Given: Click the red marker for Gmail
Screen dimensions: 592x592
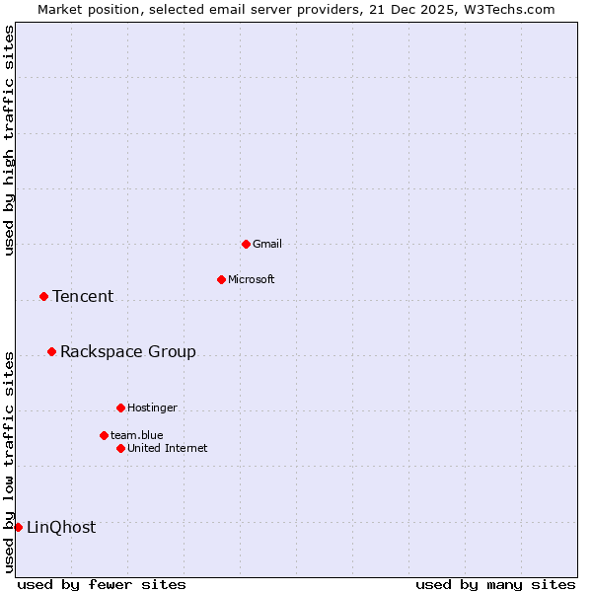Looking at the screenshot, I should pos(246,244).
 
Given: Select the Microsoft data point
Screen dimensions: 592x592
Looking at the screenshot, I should pos(221,279).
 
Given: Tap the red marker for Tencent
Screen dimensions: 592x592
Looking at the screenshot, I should pos(43,296).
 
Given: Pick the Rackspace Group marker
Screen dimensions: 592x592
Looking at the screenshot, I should pos(51,351).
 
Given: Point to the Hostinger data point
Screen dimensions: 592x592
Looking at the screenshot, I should pos(120,407).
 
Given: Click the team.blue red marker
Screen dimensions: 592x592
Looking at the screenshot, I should pos(104,435).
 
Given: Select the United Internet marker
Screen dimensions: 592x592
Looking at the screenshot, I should pos(120,448).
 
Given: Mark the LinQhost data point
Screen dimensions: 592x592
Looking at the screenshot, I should pos(18,527).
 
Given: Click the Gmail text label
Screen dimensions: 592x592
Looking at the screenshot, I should pos(267,244).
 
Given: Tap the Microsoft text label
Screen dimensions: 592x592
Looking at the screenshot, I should pos(252,279).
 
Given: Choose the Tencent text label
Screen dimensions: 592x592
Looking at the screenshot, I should pos(83,296).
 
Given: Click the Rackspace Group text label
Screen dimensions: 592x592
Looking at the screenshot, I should pos(128,351).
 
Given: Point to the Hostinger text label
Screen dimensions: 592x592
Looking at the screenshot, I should pos(153,407).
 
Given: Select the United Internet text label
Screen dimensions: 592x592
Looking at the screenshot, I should pos(168,448).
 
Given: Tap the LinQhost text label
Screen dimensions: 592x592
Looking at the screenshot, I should pos(61,527).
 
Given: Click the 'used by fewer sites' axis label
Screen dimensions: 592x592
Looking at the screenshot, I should pos(102,584).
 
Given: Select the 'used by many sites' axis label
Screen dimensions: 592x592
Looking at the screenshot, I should pos(495,584).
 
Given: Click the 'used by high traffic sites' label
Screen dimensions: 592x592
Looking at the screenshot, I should pos(9,140).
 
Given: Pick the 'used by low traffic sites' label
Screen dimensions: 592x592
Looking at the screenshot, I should pos(9,462).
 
